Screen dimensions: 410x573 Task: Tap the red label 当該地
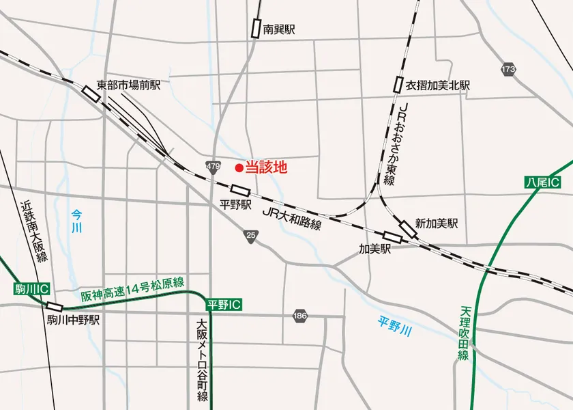pos(266,167)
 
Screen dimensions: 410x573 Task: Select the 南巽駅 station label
pos(279,30)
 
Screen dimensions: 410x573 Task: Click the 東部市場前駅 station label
pos(129,85)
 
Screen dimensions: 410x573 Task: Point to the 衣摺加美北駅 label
pos(438,85)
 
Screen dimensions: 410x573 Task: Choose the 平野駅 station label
pos(236,204)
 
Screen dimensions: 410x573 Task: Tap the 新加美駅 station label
pos(437,223)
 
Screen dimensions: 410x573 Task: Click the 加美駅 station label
pos(375,249)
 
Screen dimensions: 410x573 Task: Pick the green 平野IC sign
pos(224,304)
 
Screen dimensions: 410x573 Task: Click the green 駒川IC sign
pos(31,290)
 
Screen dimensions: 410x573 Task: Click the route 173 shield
pos(508,70)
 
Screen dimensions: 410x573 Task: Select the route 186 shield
pos(299,316)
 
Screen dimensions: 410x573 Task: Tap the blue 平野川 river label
pos(395,325)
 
